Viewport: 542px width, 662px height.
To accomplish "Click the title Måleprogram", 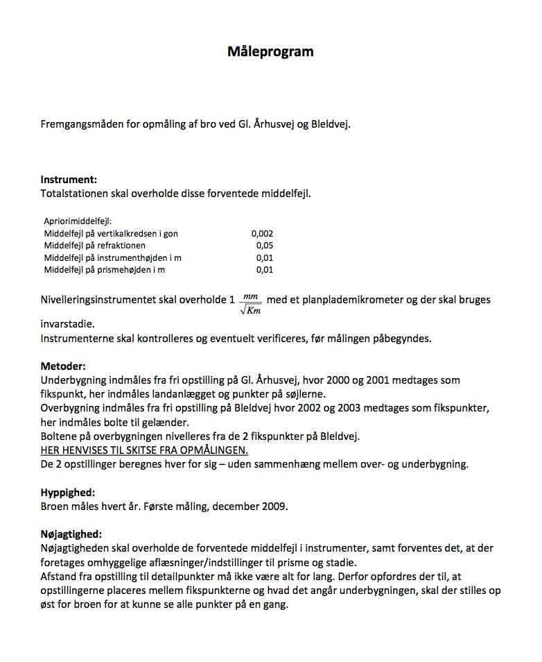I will click(x=270, y=51).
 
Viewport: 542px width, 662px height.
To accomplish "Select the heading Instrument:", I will click(x=69, y=180).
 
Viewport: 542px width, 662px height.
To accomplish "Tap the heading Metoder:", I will click(x=64, y=366).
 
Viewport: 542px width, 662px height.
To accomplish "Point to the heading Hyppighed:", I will click(x=68, y=492).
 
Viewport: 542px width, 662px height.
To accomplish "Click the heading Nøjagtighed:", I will click(x=71, y=534).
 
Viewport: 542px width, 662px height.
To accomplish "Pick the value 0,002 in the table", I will click(x=262, y=234).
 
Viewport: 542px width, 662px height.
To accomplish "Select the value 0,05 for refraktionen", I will click(x=265, y=246).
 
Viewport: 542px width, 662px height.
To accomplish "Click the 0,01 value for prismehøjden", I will click(x=265, y=269).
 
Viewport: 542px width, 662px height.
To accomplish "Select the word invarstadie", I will click(x=66, y=324).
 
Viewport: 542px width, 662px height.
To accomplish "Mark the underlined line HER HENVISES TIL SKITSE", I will click(x=144, y=450).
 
